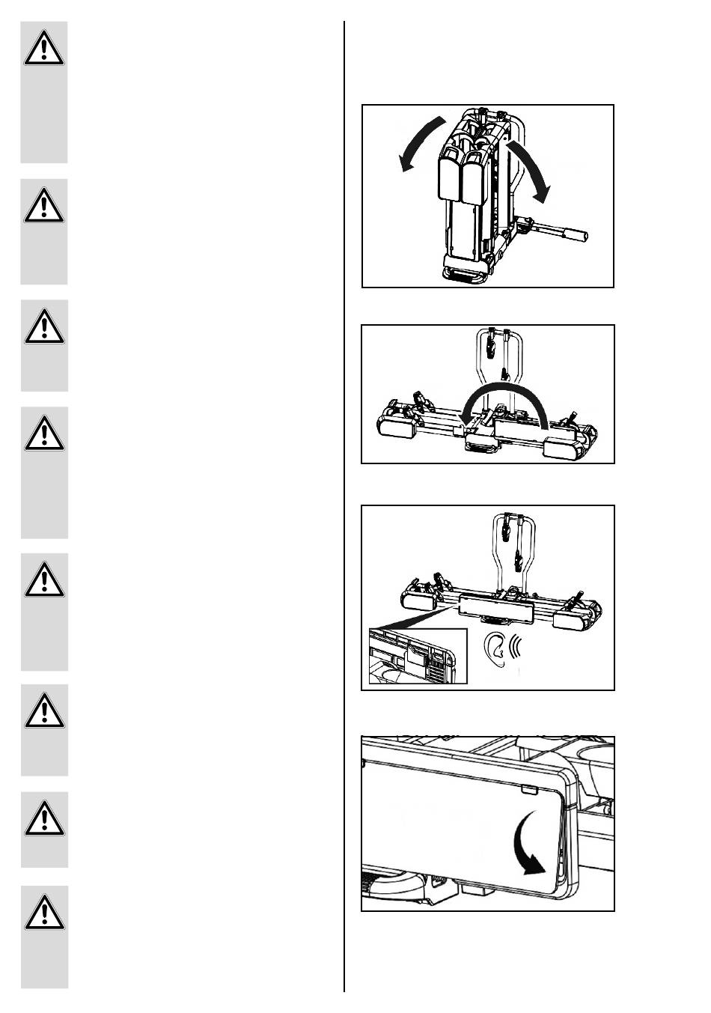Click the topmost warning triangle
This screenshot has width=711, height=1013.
(x=43, y=49)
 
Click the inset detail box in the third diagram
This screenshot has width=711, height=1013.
(x=418, y=657)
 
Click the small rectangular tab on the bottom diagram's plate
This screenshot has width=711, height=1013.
(x=530, y=790)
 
